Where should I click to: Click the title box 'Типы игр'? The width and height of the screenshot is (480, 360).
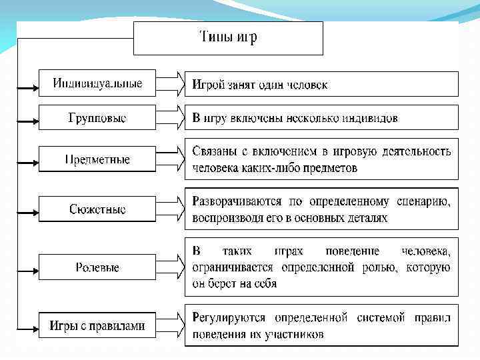tap(229, 38)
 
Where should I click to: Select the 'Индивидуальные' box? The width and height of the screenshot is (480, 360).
tap(97, 84)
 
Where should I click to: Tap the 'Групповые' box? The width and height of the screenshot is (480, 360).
tap(97, 118)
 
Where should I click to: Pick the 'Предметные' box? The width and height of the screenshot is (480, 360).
tap(97, 160)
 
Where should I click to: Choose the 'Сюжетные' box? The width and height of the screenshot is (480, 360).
tap(97, 209)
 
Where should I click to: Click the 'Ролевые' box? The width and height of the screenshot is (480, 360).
tap(97, 267)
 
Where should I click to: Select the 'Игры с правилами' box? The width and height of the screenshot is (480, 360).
tap(97, 326)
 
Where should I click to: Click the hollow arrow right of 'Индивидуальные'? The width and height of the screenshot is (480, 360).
tap(170, 84)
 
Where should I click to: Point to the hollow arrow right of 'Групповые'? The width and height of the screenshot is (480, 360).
tap(170, 118)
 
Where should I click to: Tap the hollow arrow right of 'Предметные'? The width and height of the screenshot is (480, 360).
tap(170, 160)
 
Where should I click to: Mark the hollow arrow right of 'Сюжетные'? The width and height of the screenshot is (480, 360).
tap(170, 209)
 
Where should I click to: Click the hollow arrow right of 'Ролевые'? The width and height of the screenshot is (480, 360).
tap(170, 267)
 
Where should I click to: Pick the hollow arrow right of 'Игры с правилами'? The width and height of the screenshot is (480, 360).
tap(170, 326)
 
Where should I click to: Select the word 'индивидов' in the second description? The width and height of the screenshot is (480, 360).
tap(369, 119)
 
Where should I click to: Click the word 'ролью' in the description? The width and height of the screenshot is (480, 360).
tap(378, 268)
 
